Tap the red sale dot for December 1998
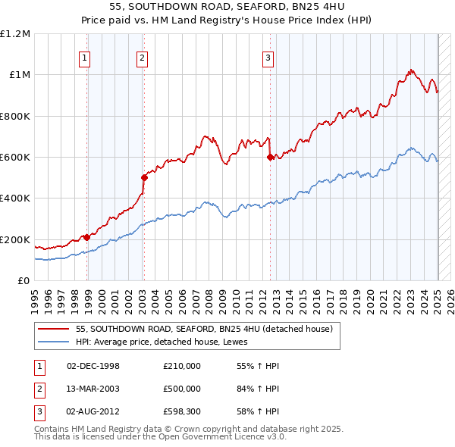point(86,237)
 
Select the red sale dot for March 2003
point(144,177)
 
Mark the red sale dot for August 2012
point(270,158)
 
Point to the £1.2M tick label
point(15,33)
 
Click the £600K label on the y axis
point(15,157)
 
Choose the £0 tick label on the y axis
point(23,280)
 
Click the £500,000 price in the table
point(182,388)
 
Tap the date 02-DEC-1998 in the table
point(93,366)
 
